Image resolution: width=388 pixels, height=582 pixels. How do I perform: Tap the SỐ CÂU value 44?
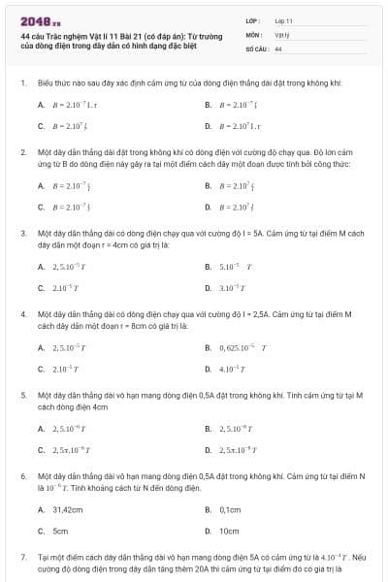click(x=278, y=48)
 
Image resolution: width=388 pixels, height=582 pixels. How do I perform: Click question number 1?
click(x=22, y=83)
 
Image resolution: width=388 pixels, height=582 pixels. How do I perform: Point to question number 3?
click(x=22, y=234)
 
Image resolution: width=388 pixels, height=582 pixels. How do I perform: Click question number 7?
click(x=22, y=559)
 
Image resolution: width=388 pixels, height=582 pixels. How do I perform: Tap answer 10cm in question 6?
click(x=229, y=532)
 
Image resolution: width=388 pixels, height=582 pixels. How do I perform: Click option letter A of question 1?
click(x=41, y=104)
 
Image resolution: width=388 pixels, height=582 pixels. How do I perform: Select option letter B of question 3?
click(x=208, y=266)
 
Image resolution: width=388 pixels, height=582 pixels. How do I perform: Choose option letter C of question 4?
click(x=41, y=369)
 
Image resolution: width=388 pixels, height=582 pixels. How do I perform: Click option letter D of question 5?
click(x=208, y=450)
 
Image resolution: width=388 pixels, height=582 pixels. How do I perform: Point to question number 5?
click(x=22, y=396)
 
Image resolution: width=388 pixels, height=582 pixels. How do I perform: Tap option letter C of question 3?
click(x=41, y=288)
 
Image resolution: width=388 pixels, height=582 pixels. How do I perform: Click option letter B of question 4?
click(x=208, y=346)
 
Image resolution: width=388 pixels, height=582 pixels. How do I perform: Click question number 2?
click(x=22, y=152)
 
